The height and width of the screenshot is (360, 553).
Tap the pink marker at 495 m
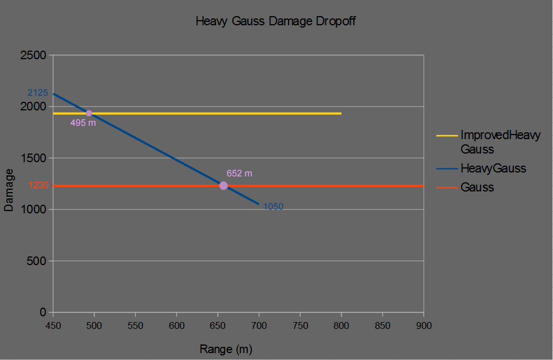pos(89,113)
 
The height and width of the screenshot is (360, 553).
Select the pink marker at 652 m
pos(224,185)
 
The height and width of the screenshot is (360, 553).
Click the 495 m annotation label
pos(83,123)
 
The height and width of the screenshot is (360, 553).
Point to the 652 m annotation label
pos(239,173)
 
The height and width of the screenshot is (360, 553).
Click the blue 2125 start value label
pos(38,93)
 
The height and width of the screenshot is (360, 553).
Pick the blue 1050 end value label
pos(273,207)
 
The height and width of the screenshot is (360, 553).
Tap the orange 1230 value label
pos(39,185)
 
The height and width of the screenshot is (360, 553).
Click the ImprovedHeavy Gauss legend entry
pos(500,142)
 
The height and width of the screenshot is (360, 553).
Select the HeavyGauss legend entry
pos(493,168)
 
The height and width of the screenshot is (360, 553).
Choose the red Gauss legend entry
pos(477,187)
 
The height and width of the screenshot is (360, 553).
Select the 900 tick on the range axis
pos(424,325)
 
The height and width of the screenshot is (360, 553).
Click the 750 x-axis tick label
pos(300,325)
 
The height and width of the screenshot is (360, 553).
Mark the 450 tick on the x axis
pos(53,325)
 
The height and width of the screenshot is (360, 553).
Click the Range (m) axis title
pos(226,349)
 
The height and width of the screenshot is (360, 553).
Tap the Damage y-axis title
pos(9,190)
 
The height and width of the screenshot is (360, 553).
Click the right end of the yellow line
pos(341,113)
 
